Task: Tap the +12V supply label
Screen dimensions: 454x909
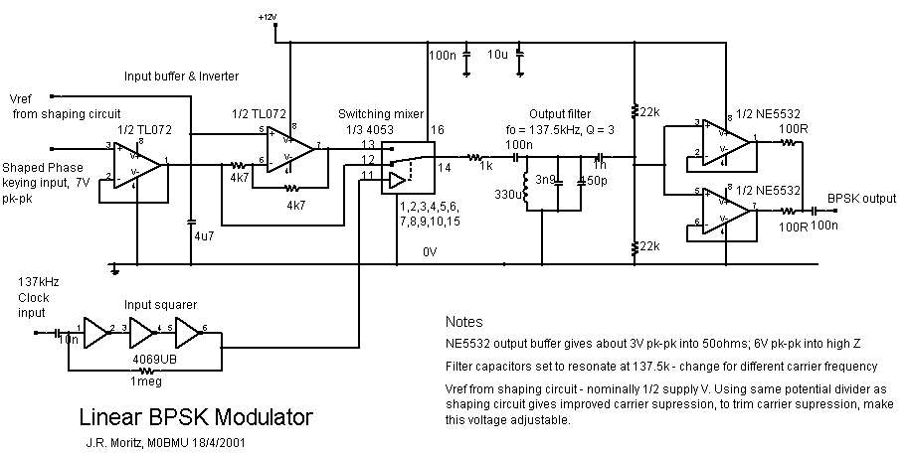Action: click(267, 17)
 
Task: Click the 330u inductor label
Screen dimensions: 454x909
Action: click(507, 196)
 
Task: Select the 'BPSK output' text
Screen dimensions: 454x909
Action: click(863, 199)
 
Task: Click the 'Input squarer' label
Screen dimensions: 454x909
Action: click(153, 303)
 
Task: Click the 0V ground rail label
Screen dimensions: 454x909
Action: click(430, 252)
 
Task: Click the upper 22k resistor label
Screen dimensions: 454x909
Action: click(649, 112)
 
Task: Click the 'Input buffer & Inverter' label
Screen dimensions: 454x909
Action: click(181, 76)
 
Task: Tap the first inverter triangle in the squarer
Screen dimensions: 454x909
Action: click(95, 330)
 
